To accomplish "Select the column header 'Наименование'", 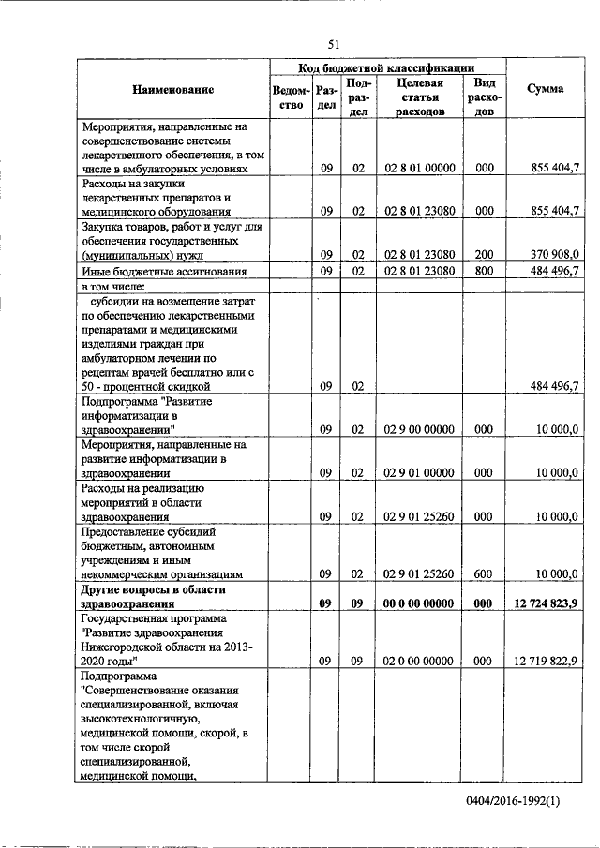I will (173, 90).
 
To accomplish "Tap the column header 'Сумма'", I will (545, 90).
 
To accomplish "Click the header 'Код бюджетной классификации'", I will (386, 67).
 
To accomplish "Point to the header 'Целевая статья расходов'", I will (419, 97).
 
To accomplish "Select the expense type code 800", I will (484, 272).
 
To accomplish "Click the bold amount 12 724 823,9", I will (547, 604).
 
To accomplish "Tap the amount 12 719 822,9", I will (547, 661).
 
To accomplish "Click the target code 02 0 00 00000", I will (419, 661).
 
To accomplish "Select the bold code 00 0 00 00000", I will (419, 604).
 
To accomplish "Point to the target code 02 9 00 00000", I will (419, 429).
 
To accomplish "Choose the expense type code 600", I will (484, 573).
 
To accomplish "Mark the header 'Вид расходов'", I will (484, 97).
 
